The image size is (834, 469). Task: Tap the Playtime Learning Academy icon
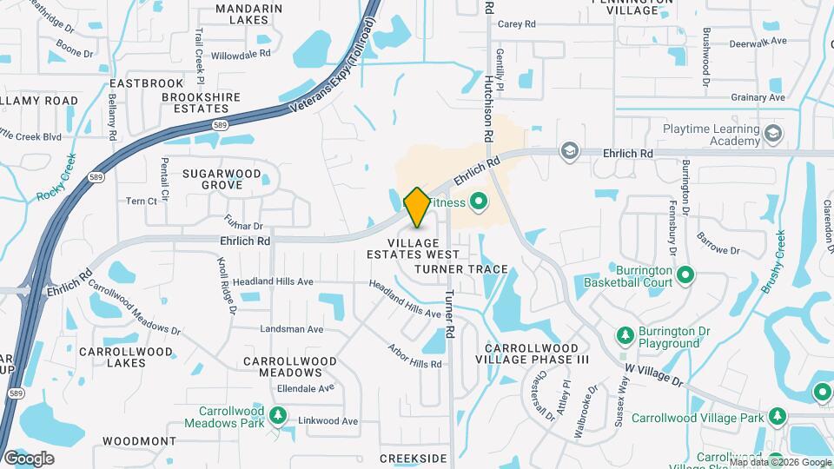coord(773,134)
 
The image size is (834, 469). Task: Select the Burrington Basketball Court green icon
coord(685,275)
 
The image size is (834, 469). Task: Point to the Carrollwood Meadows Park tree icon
coord(278,416)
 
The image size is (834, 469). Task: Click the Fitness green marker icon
coord(477,203)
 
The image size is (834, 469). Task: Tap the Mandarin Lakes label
coord(248,14)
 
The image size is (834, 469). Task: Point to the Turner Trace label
coord(461,269)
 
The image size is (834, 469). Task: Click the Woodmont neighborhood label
coord(133,441)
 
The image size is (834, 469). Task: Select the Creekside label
coord(413,458)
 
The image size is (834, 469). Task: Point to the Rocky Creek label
coord(58,177)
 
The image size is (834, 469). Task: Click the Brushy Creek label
coord(773,261)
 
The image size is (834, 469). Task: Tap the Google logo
coord(28,459)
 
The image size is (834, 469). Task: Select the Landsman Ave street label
coord(292,330)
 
